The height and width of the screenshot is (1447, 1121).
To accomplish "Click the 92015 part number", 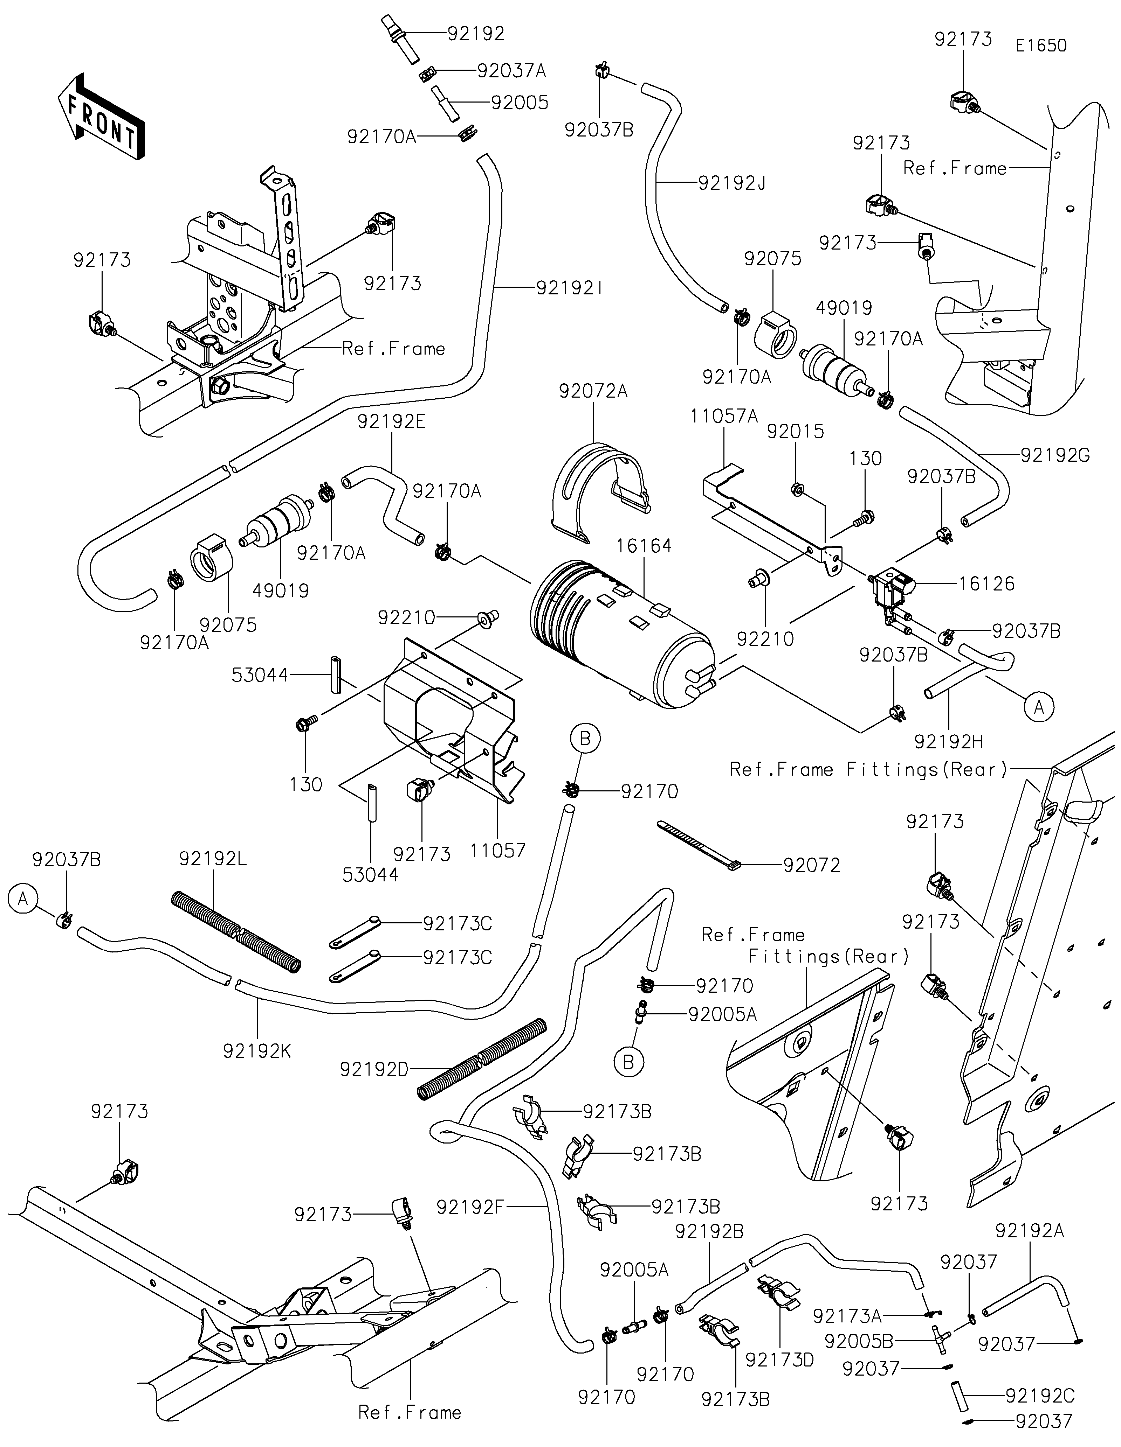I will [x=796, y=431].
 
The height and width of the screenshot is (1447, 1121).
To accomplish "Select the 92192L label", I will [x=213, y=859].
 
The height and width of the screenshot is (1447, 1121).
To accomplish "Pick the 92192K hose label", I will [x=257, y=1051].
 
